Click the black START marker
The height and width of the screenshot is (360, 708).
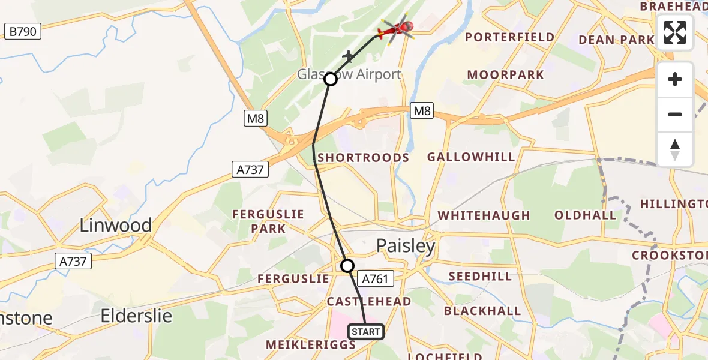pyautogui.click(x=366, y=332)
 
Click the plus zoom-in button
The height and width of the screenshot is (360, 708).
pyautogui.click(x=675, y=80)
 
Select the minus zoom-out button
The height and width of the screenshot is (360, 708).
pyautogui.click(x=675, y=115)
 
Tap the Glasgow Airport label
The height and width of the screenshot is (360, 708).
pyautogui.click(x=349, y=74)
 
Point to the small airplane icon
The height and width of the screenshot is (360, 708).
pyautogui.click(x=348, y=56)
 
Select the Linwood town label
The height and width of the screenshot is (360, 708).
pyautogui.click(x=116, y=226)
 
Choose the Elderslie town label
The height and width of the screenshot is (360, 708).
pyautogui.click(x=136, y=316)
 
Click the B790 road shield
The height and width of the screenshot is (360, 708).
pyautogui.click(x=23, y=32)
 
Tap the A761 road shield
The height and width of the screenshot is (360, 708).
pyautogui.click(x=376, y=278)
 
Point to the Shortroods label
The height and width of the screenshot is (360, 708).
pyautogui.click(x=363, y=158)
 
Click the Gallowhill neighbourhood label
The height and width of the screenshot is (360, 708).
pyautogui.click(x=471, y=157)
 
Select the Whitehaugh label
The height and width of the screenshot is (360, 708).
pyautogui.click(x=484, y=215)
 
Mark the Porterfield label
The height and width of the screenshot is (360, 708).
pyautogui.click(x=509, y=37)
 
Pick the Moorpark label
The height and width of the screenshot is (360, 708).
pyautogui.click(x=505, y=75)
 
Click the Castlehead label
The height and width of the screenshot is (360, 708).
pyautogui.click(x=368, y=301)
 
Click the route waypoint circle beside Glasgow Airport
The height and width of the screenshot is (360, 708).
pyautogui.click(x=331, y=79)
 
